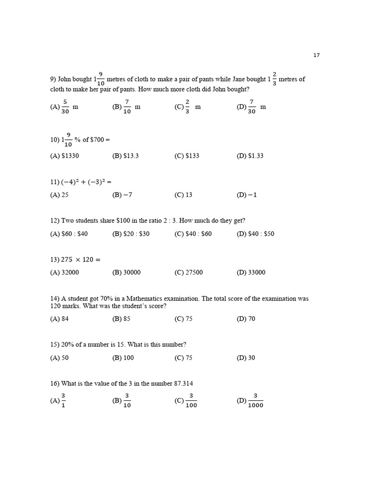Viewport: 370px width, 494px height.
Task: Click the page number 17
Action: click(x=317, y=55)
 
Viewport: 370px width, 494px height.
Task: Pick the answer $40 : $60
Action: click(x=198, y=233)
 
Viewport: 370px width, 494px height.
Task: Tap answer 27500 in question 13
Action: click(x=194, y=272)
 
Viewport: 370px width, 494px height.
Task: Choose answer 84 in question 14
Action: click(x=65, y=318)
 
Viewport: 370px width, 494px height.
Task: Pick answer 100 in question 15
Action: click(x=129, y=357)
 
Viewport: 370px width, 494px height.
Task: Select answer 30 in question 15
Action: click(x=251, y=357)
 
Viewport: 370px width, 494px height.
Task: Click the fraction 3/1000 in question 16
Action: click(x=255, y=400)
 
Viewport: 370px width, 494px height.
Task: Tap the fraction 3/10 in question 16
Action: click(x=127, y=400)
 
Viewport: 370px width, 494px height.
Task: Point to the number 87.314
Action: click(x=184, y=384)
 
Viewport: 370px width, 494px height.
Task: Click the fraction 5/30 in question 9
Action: click(x=65, y=107)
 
